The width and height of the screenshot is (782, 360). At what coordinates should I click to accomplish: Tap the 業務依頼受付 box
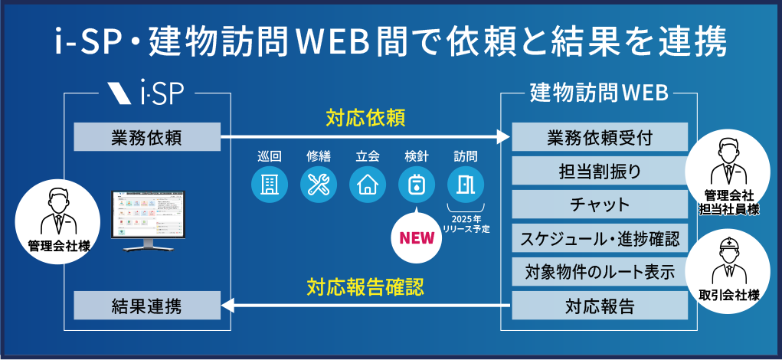point(600,138)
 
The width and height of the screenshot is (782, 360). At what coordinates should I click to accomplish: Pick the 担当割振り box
point(600,171)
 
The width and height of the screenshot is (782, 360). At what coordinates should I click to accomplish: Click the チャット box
point(600,205)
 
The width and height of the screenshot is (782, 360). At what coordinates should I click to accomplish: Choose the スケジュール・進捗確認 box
point(600,238)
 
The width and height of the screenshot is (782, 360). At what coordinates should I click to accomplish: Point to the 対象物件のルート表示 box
point(600,273)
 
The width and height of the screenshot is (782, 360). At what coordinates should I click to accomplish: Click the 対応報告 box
point(600,307)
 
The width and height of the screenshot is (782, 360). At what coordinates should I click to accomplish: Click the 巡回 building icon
point(270,185)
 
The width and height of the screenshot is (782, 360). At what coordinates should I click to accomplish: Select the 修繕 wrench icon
point(319,185)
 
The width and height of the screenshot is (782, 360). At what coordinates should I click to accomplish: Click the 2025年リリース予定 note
point(466,224)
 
